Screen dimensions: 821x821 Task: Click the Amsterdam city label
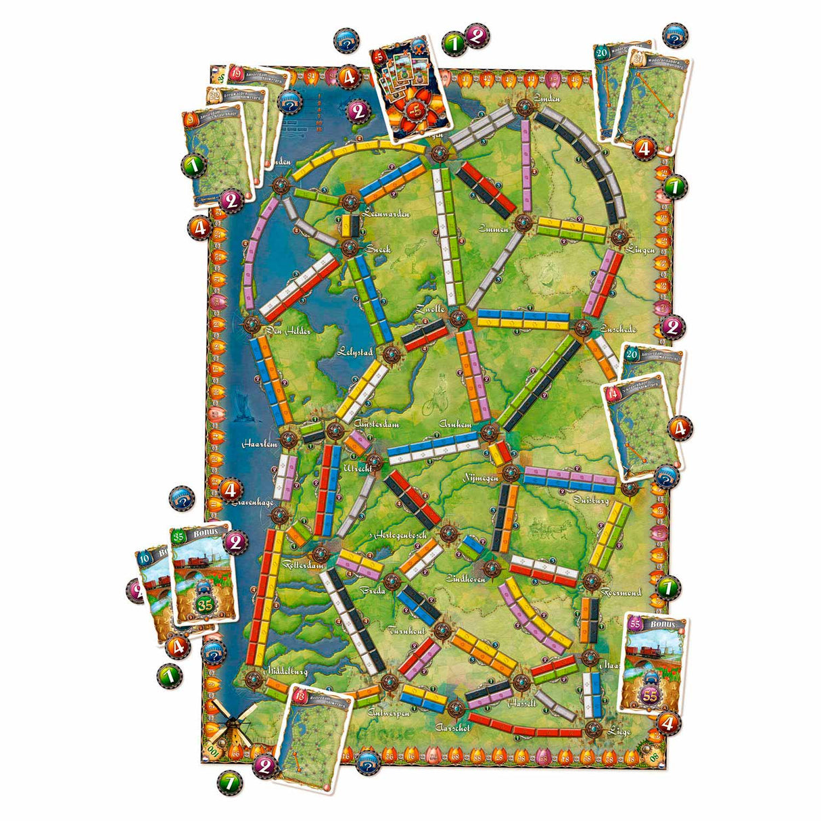(x=375, y=424)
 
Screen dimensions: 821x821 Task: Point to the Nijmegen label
(x=480, y=477)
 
